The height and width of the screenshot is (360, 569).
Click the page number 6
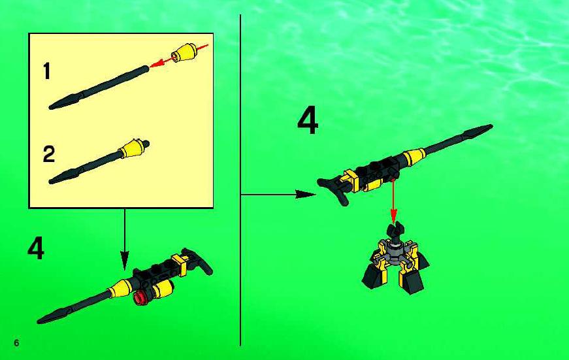pyautogui.click(x=16, y=342)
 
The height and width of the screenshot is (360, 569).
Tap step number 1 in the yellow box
pyautogui.click(x=47, y=71)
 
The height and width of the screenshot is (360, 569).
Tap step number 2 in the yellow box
pyautogui.click(x=48, y=154)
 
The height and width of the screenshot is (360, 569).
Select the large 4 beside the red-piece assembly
pyautogui.click(x=36, y=248)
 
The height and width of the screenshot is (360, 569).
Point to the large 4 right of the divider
pyautogui.click(x=308, y=120)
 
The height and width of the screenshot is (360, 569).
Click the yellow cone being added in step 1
pyautogui.click(x=184, y=53)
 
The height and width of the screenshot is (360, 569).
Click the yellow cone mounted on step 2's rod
pyautogui.click(x=132, y=149)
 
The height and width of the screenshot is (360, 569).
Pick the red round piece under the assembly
pyautogui.click(x=140, y=297)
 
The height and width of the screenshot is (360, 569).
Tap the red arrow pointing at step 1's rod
pyautogui.click(x=178, y=56)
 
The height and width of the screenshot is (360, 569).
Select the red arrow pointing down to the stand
pyautogui.click(x=393, y=201)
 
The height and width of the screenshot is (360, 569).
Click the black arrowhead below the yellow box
pyautogui.click(x=125, y=260)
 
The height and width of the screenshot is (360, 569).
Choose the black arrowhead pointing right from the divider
pyautogui.click(x=306, y=195)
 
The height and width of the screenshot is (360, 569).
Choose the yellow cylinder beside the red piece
pyautogui.click(x=163, y=289)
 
